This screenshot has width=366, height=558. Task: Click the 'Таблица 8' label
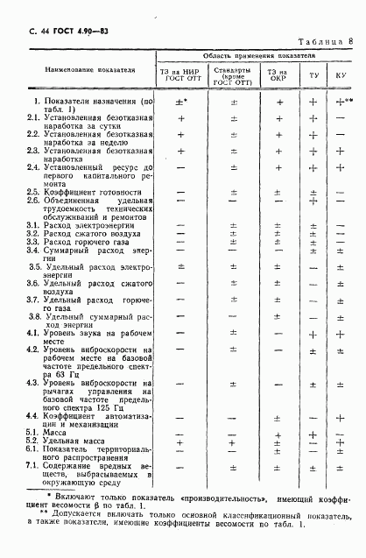(x=325, y=40)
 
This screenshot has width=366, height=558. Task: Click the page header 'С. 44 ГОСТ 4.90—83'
(x=60, y=32)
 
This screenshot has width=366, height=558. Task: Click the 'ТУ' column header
(x=313, y=75)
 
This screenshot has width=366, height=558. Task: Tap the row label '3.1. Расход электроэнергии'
(x=85, y=225)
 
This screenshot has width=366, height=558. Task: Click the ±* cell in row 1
(x=181, y=102)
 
